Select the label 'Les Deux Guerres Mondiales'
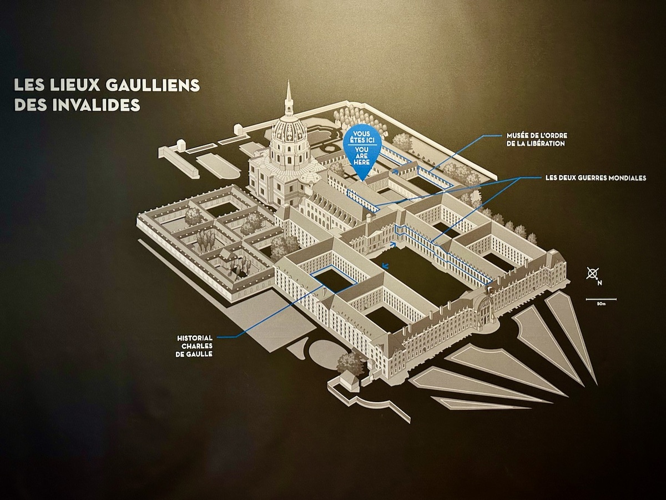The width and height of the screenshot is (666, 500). click(x=596, y=178)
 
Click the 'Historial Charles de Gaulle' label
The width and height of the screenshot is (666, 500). click(x=195, y=346)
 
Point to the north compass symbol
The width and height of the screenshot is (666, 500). click(x=593, y=273)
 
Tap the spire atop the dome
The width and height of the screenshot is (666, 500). click(x=288, y=100)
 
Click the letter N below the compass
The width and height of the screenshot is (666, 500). click(x=599, y=283)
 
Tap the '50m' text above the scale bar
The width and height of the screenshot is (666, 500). click(x=601, y=303)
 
